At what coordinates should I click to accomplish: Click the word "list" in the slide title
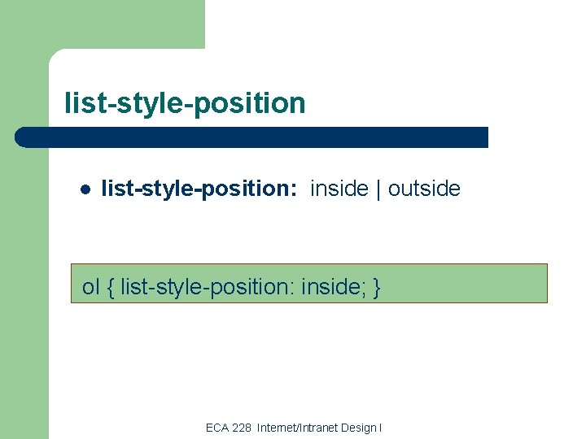point(82,103)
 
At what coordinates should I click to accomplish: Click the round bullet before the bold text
point(85,190)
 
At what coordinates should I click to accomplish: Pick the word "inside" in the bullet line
point(339,189)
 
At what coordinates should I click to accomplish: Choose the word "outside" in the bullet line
point(424,189)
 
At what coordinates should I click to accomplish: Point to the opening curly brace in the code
point(110,287)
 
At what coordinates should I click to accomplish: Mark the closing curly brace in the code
point(376,287)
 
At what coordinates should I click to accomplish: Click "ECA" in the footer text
point(217,428)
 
